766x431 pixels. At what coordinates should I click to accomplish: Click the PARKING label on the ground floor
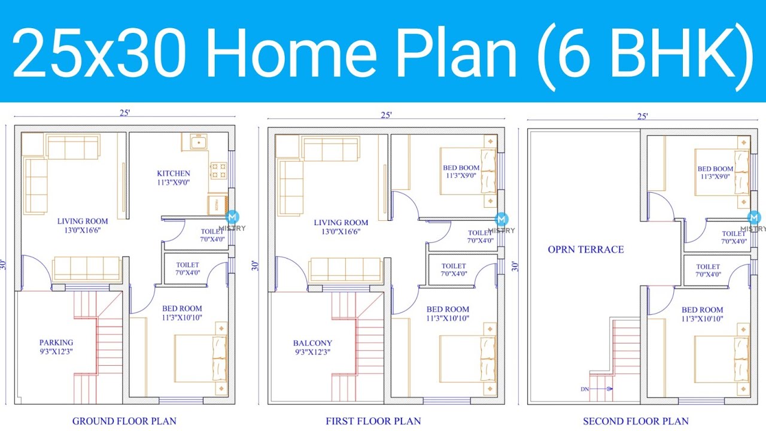click(x=56, y=343)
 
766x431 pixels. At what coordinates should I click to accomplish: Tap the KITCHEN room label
click(x=173, y=174)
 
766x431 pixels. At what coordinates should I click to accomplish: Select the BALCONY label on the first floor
click(x=312, y=343)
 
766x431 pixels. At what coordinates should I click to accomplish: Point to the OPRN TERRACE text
click(x=585, y=250)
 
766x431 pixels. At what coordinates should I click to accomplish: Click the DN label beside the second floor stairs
click(x=585, y=389)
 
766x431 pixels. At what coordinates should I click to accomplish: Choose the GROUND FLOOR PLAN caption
click(x=124, y=421)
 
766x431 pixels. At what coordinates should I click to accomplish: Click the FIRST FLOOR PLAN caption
click(x=373, y=421)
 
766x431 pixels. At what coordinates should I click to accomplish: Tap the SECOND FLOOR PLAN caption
click(x=636, y=421)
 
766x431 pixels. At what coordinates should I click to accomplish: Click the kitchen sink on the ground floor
click(x=197, y=142)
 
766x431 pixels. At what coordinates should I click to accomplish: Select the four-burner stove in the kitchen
click(x=218, y=171)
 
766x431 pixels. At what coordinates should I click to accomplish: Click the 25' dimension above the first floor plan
click(x=386, y=116)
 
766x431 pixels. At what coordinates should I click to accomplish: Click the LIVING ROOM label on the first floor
click(x=341, y=223)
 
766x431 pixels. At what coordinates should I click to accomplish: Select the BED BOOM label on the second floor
click(x=715, y=169)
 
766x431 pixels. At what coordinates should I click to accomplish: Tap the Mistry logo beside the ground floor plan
click(x=232, y=217)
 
